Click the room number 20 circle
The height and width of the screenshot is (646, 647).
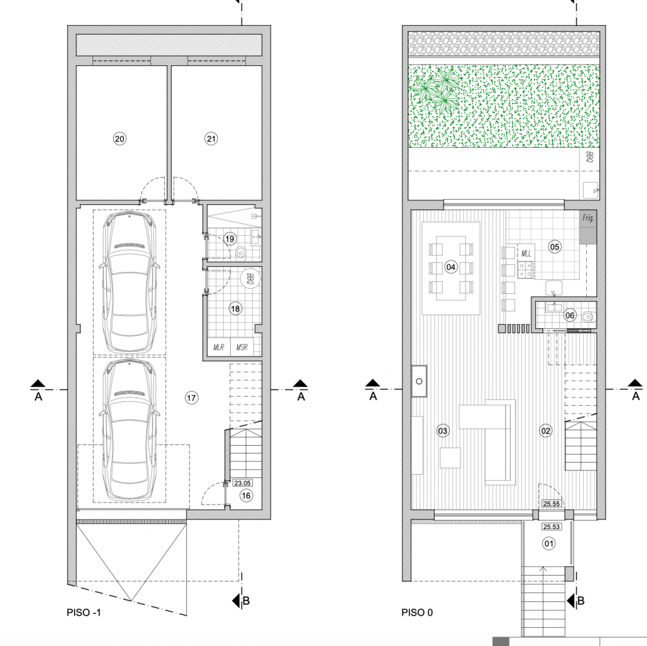[119, 139]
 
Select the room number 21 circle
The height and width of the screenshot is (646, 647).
[211, 139]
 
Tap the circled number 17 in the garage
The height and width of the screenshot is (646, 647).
[191, 398]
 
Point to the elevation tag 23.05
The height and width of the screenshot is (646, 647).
[242, 483]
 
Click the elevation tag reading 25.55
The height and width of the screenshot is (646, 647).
[551, 504]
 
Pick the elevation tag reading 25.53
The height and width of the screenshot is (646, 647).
[551, 526]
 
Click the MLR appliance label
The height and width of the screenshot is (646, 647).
[218, 348]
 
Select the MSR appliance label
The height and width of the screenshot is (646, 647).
[242, 348]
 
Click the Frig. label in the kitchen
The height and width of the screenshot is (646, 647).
[588, 218]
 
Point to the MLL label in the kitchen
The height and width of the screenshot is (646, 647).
[526, 253]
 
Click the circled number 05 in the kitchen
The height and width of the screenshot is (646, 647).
[555, 247]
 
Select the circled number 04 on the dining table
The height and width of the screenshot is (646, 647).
[451, 267]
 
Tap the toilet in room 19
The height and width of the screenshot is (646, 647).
[240, 253]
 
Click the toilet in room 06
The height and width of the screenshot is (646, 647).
[588, 317]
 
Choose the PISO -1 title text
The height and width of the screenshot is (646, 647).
[84, 612]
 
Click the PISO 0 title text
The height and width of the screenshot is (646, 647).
[417, 612]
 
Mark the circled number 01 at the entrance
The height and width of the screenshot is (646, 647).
[549, 544]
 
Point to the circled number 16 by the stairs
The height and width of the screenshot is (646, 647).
[246, 495]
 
